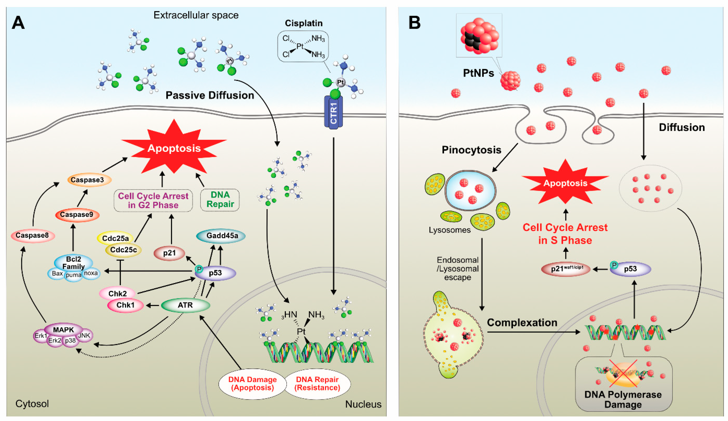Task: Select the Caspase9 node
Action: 77,215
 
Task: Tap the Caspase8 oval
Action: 33,236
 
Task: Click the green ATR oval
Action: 185,305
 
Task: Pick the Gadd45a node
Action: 221,236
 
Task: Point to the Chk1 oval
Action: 125,305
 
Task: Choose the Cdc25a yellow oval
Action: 115,238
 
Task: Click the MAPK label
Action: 63,329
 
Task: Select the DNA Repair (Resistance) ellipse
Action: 317,384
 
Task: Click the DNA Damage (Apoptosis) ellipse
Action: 252,384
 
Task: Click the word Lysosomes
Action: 450,230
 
